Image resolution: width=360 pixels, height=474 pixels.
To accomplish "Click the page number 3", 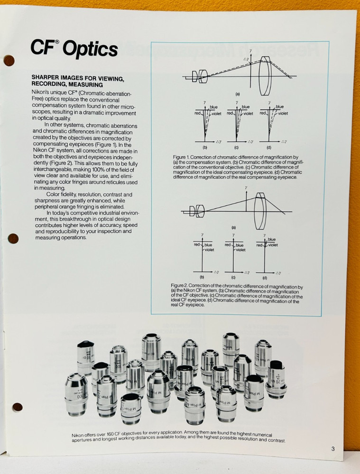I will (x=333, y=449).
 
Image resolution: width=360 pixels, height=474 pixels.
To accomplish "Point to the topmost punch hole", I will (x=9, y=60).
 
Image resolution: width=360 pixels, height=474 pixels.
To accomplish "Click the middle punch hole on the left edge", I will (x=13, y=238).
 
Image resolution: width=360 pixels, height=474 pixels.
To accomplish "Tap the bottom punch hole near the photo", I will (x=18, y=407).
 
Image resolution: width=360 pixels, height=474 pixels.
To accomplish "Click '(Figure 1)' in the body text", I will (x=104, y=144).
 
